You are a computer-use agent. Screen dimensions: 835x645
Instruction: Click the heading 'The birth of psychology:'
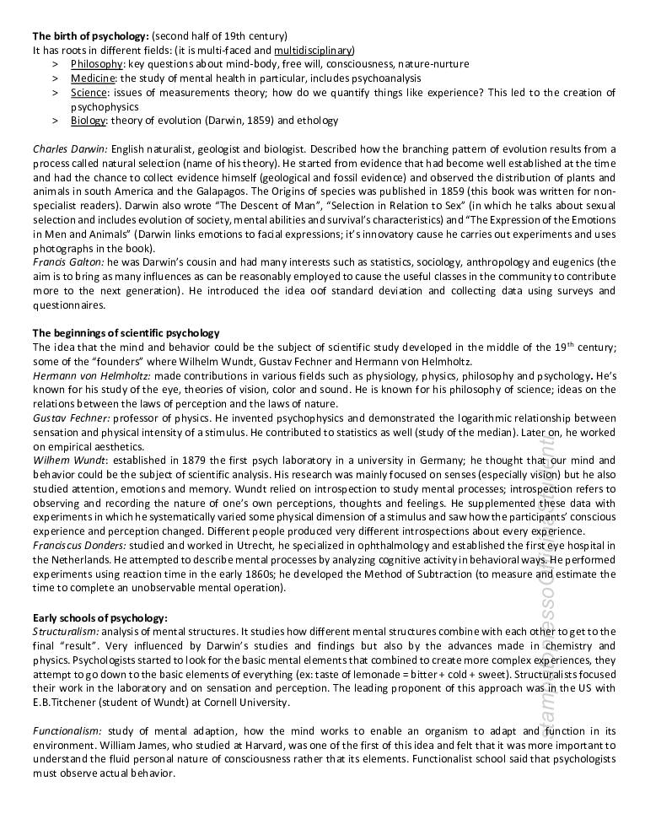(x=90, y=35)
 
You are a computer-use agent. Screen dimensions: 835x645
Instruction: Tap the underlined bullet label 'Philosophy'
(x=97, y=64)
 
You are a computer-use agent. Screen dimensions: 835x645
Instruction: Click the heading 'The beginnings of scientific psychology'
(x=126, y=333)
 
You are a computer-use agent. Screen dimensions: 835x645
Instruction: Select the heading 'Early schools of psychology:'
(x=99, y=617)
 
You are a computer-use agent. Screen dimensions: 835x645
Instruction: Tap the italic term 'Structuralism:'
(x=66, y=632)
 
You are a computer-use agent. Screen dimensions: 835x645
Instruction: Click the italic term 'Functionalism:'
(x=66, y=731)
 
